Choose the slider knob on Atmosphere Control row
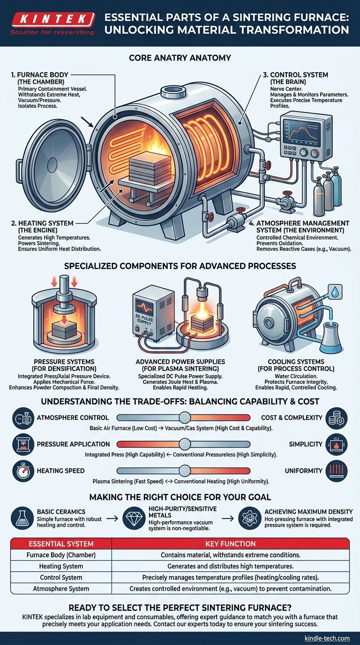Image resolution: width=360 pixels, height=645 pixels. coord(185,418)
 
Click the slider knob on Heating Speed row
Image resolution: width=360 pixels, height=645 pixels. coord(185,471)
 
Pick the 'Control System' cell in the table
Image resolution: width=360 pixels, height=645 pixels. coord(61,577)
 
